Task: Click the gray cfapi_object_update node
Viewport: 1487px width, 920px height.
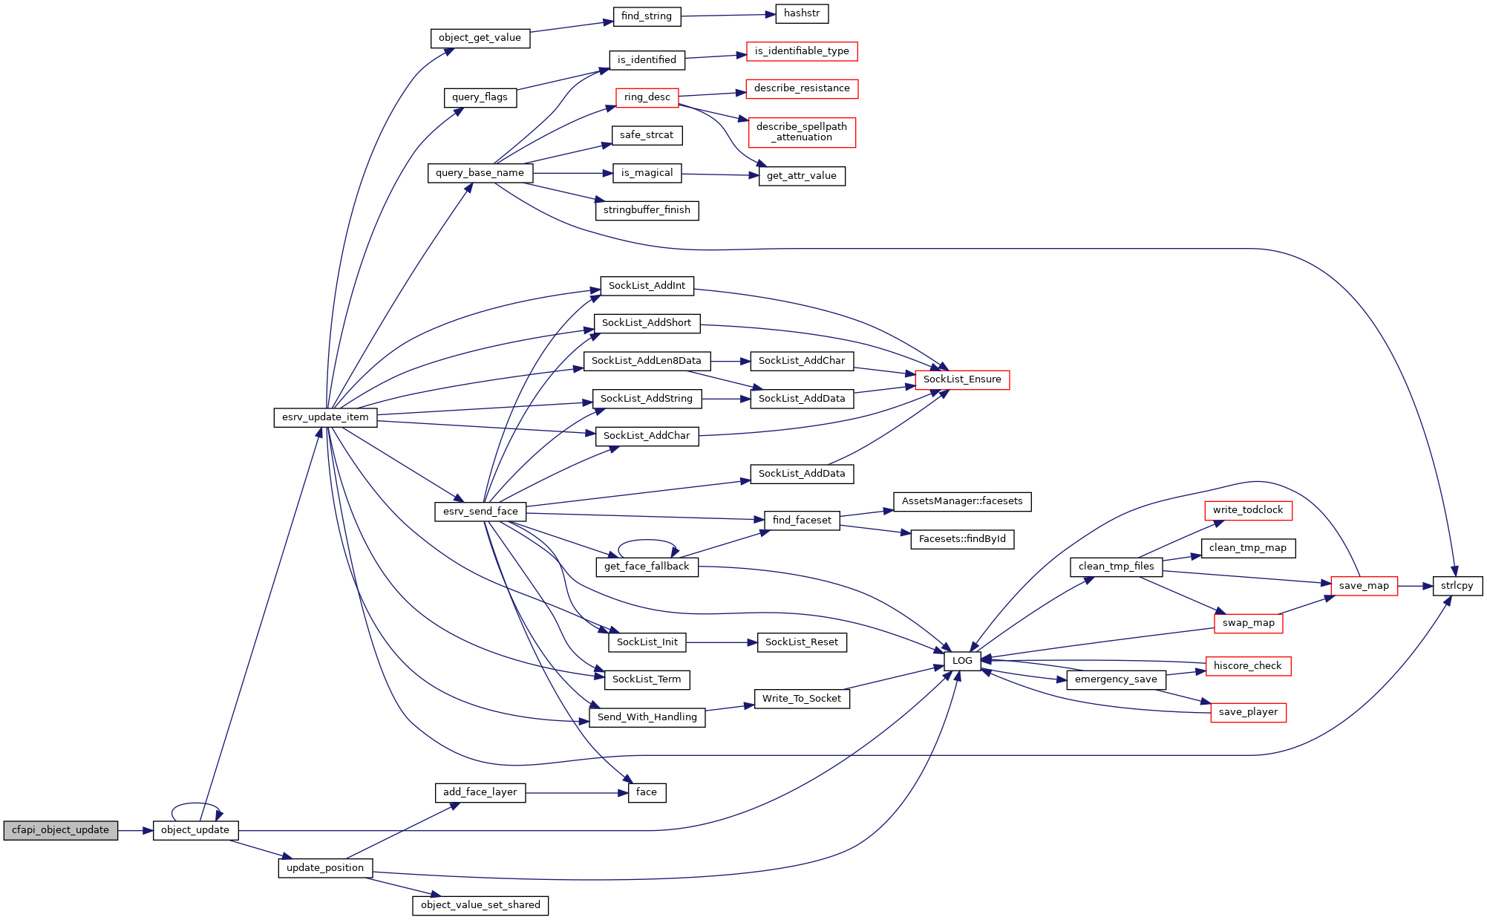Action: tap(60, 830)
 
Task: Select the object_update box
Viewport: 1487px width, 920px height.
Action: tap(195, 830)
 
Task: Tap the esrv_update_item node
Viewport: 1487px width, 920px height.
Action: tap(325, 417)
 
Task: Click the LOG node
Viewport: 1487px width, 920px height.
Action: tap(962, 660)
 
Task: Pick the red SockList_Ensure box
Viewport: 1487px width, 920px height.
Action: tap(962, 379)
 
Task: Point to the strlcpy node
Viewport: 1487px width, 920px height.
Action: tap(1457, 586)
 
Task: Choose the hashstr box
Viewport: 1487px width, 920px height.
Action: tap(802, 13)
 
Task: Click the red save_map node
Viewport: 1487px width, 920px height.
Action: tap(1364, 586)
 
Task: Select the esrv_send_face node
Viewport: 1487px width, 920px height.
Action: tap(480, 512)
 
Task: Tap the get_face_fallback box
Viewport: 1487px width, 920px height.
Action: tap(647, 567)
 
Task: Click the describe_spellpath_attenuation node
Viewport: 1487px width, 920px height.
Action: tap(802, 132)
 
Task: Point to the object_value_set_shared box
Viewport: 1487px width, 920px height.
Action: tap(480, 905)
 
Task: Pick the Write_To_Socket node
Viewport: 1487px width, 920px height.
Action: tap(802, 699)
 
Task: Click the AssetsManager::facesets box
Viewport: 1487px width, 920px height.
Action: tap(962, 502)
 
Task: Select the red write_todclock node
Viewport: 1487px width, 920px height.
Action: tap(1248, 510)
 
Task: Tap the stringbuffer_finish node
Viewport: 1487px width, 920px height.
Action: tap(647, 210)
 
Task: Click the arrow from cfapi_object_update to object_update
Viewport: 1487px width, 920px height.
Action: tap(135, 830)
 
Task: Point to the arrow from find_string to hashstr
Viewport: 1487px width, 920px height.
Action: tap(728, 15)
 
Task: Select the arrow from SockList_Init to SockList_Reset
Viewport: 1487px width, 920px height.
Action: tap(722, 642)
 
